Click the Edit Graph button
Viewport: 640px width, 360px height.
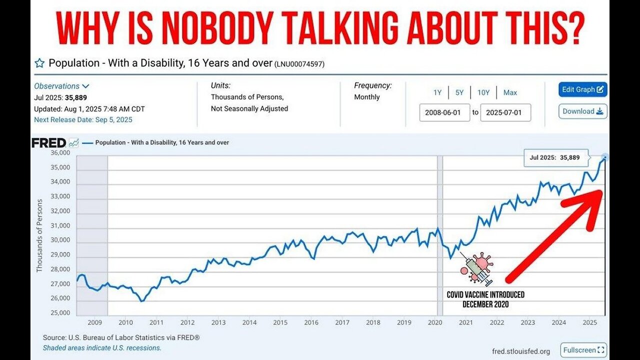(582, 89)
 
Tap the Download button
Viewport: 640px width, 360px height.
(582, 111)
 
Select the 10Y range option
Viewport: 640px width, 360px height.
(483, 92)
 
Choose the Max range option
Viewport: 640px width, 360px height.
(510, 92)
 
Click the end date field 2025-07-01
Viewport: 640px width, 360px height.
(505, 112)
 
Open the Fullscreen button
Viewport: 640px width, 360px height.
(583, 350)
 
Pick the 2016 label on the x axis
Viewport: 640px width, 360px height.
(311, 322)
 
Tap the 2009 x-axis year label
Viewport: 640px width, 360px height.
(94, 322)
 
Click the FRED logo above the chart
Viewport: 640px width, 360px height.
(49, 143)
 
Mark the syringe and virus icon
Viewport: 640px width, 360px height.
(477, 269)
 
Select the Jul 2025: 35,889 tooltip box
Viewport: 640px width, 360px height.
(554, 157)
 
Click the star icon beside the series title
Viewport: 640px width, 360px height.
(39, 63)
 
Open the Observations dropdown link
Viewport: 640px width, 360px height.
(61, 86)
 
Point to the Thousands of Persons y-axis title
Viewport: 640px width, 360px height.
(39, 235)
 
